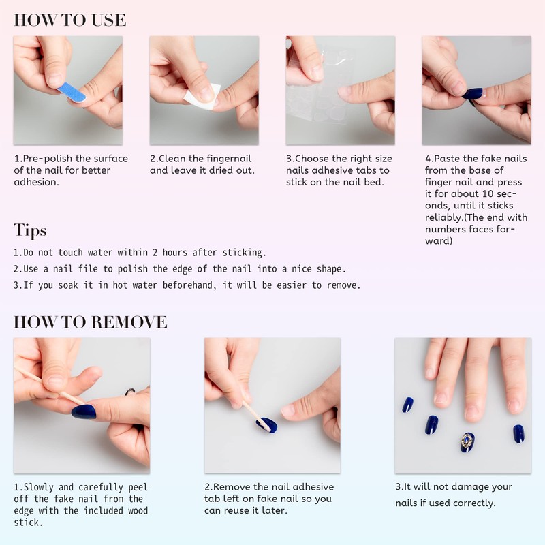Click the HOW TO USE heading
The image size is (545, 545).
tap(70, 20)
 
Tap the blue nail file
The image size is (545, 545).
tap(72, 92)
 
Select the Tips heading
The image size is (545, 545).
tap(30, 230)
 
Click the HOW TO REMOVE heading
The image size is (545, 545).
tap(91, 322)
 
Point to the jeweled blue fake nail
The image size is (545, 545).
tap(467, 442)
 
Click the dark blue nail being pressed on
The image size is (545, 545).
tap(472, 93)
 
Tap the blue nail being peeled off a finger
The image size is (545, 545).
tap(84, 411)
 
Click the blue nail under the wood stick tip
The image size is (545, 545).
tap(266, 424)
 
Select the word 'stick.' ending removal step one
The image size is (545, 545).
tap(28, 523)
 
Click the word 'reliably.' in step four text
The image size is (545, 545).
tap(444, 217)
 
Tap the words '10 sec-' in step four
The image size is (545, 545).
tap(499, 194)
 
